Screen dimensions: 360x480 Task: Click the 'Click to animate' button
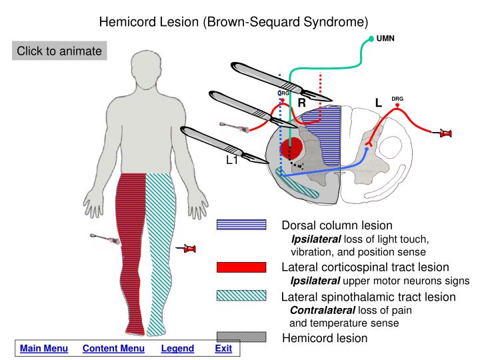coord(59,51)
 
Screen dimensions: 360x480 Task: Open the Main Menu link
coord(44,349)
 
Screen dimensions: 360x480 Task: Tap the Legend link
coord(177,349)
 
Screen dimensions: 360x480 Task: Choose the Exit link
coord(223,349)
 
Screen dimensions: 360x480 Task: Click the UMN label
coord(385,38)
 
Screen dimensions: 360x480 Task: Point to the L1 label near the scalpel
coord(232,160)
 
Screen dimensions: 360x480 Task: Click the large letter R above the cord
coord(301,103)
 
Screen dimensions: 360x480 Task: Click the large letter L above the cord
coord(378,103)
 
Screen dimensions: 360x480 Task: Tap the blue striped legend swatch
coord(241,225)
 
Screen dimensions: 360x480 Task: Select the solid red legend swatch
coord(241,267)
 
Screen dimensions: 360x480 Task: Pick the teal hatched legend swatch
coord(241,296)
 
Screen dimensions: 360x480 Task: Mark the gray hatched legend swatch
coord(241,338)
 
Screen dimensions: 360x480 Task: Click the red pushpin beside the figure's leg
coord(189,249)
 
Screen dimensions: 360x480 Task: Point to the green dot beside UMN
coord(371,39)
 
